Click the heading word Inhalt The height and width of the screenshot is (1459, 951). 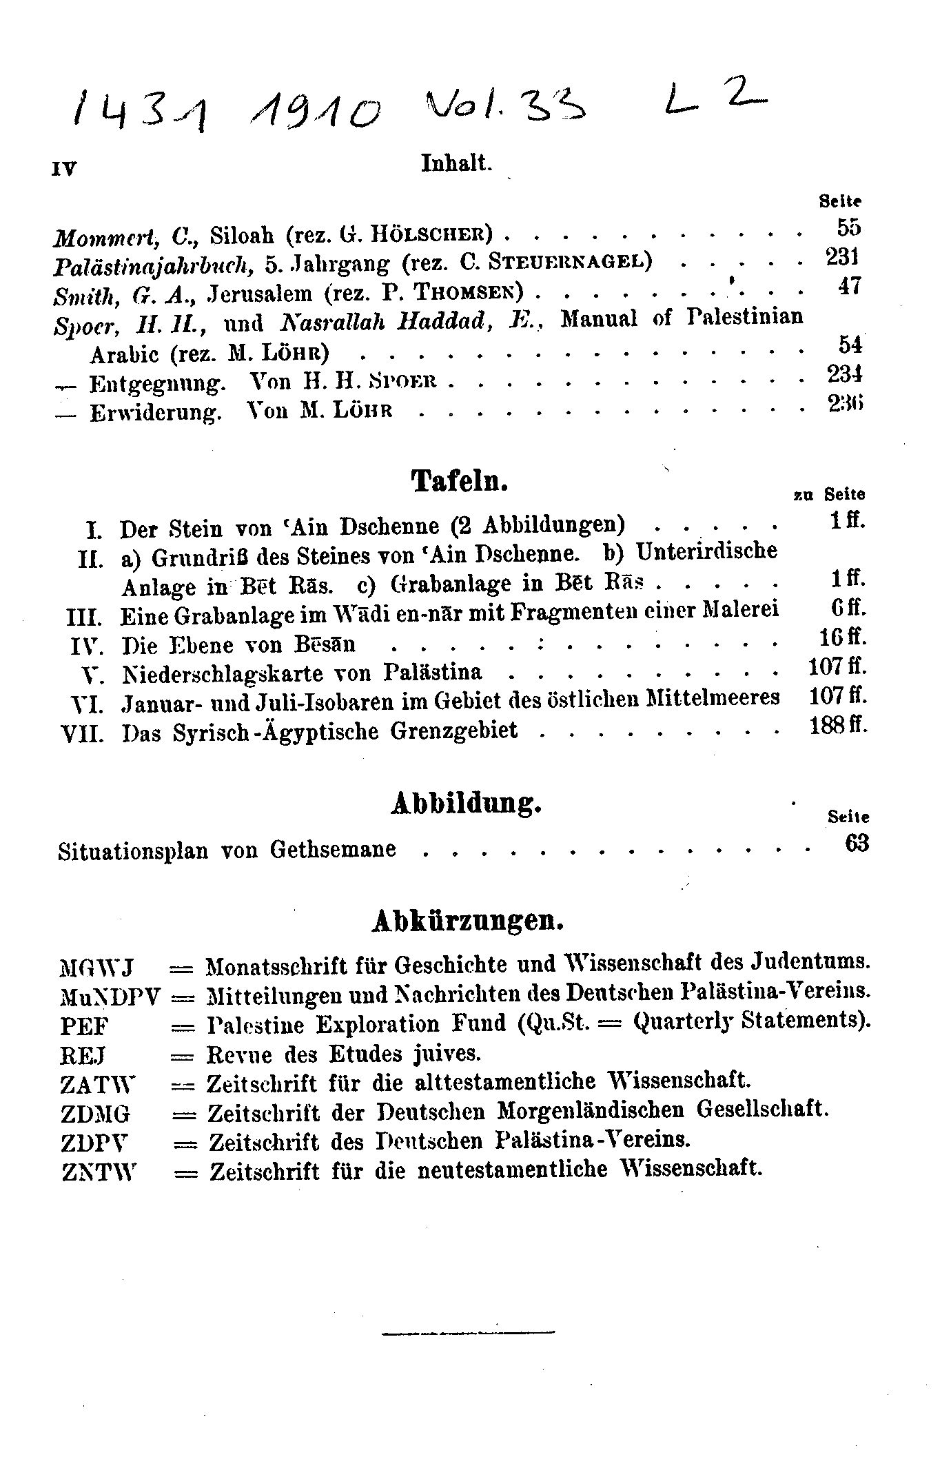456,163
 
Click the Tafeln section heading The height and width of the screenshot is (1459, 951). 460,480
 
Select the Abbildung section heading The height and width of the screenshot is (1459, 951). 466,804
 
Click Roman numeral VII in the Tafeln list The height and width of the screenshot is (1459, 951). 83,733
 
